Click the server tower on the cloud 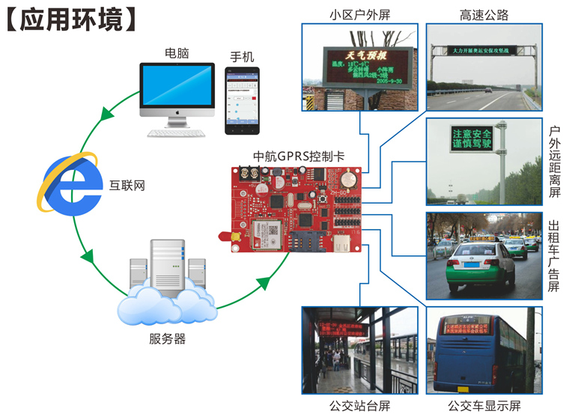(167, 270)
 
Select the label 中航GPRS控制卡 (299, 156)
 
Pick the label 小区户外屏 (359, 14)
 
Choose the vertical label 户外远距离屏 (554, 162)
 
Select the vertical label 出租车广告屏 (554, 256)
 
